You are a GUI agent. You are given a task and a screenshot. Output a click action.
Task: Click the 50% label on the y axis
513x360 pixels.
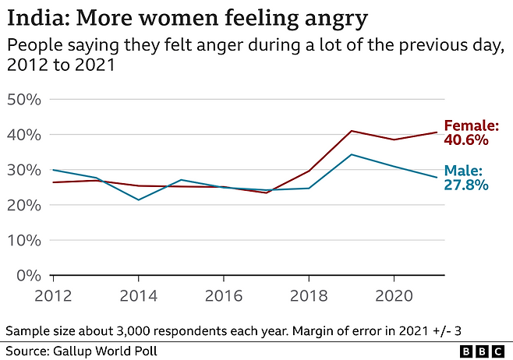(x=24, y=100)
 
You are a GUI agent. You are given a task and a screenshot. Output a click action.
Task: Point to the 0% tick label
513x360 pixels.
(x=29, y=276)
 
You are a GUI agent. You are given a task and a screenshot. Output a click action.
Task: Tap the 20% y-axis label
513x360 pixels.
(x=24, y=206)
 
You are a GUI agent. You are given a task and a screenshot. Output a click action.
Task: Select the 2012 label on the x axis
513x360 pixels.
(x=53, y=296)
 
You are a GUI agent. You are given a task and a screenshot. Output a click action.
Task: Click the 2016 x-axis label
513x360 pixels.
(x=224, y=296)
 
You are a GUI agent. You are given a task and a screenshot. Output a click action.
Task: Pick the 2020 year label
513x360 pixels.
(x=394, y=296)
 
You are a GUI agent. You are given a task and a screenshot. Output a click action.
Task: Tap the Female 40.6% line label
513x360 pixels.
(x=471, y=132)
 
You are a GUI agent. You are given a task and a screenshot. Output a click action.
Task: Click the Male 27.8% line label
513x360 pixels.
(x=466, y=178)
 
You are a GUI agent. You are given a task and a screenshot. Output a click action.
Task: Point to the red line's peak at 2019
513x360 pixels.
(x=352, y=131)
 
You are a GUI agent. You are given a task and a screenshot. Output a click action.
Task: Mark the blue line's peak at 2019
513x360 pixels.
(x=352, y=154)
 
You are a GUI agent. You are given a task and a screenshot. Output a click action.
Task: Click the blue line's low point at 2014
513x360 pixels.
(x=139, y=199)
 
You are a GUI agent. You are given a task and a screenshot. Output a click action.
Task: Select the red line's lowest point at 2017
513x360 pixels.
(x=267, y=192)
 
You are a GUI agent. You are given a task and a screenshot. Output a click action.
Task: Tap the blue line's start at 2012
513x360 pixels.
(x=53, y=170)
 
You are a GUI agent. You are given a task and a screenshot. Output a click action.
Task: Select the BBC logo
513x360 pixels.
(x=483, y=351)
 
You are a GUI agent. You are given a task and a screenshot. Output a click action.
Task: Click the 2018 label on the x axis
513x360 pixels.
(x=309, y=296)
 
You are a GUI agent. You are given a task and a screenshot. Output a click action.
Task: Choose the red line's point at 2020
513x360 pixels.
(x=394, y=139)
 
